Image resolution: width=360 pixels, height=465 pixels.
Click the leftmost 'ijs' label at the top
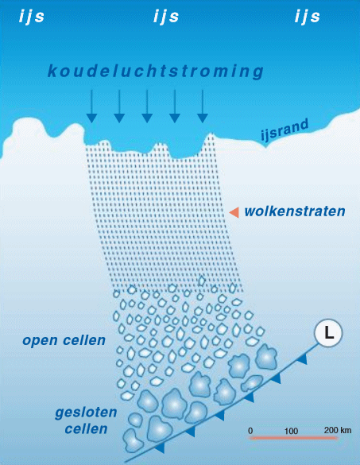click(32, 17)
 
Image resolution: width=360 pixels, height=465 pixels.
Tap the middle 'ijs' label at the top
click(166, 17)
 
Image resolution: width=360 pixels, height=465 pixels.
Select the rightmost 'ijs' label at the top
click(308, 17)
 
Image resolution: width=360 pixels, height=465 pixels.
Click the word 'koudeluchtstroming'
click(156, 72)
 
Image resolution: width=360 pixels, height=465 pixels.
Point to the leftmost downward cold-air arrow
click(91, 107)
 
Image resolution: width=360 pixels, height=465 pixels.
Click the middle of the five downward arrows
click(147, 107)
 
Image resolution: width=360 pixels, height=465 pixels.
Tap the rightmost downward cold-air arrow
click(203, 107)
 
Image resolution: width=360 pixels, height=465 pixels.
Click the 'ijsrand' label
click(285, 130)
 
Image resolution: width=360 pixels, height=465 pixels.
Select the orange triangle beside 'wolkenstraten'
click(234, 212)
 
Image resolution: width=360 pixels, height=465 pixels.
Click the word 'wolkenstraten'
click(295, 211)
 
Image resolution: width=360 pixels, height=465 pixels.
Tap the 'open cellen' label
click(64, 341)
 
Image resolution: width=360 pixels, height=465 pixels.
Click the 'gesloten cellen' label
click(86, 420)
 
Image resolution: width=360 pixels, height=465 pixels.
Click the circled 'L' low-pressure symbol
click(328, 333)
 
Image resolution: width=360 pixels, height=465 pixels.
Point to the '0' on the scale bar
click(250, 431)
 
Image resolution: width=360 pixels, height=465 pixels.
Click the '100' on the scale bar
click(291, 431)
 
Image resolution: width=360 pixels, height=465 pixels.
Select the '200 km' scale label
click(338, 430)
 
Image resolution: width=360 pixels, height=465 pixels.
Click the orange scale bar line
click(293, 438)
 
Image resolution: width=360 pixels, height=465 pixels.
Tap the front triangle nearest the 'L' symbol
click(303, 359)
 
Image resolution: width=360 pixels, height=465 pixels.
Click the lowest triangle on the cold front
click(160, 448)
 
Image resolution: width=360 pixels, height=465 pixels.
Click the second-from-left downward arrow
click(119, 107)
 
